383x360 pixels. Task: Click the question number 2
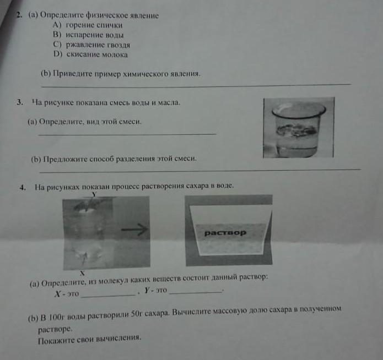click(x=19, y=15)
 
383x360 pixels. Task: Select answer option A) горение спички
click(x=88, y=25)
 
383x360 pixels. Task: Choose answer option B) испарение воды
click(x=88, y=35)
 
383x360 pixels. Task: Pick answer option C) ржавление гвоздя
click(x=91, y=45)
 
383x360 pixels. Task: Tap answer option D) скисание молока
click(x=90, y=54)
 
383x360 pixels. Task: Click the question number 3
click(x=20, y=102)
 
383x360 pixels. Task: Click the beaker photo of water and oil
click(x=299, y=127)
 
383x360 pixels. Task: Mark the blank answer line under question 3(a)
click(x=127, y=134)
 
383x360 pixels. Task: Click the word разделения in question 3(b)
click(x=135, y=159)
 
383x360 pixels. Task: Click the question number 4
click(x=23, y=188)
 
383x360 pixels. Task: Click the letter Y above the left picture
click(x=94, y=194)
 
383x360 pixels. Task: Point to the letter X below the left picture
click(x=82, y=273)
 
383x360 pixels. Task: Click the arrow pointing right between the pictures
click(x=134, y=230)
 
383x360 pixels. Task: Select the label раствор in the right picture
click(x=225, y=233)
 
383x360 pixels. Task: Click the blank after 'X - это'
click(x=108, y=296)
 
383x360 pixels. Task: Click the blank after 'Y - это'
click(x=196, y=292)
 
